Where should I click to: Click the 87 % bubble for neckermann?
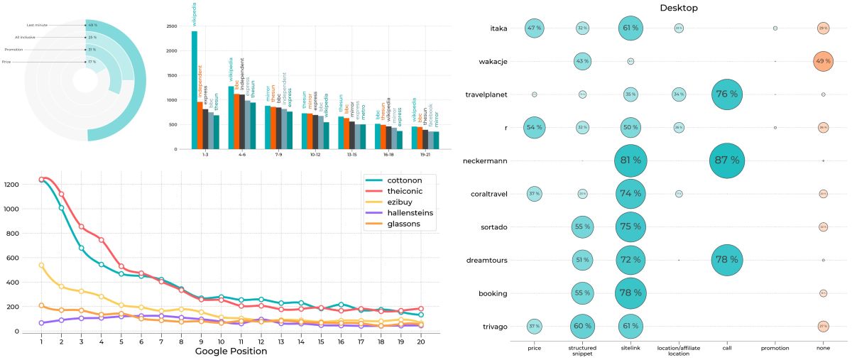pos(727,160)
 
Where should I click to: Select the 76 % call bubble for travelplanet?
pos(727,94)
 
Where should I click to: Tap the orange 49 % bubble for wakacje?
pos(823,61)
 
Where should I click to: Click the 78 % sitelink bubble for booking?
pos(630,293)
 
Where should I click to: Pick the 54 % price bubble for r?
pos(534,127)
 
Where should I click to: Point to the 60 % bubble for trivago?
pos(582,326)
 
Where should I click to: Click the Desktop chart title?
pos(678,8)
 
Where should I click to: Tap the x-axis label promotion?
pos(775,348)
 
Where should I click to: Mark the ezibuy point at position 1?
pos(41,265)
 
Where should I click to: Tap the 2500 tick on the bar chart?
pos(171,26)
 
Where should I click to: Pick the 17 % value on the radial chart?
pos(92,62)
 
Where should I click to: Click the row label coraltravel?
pos(488,194)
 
